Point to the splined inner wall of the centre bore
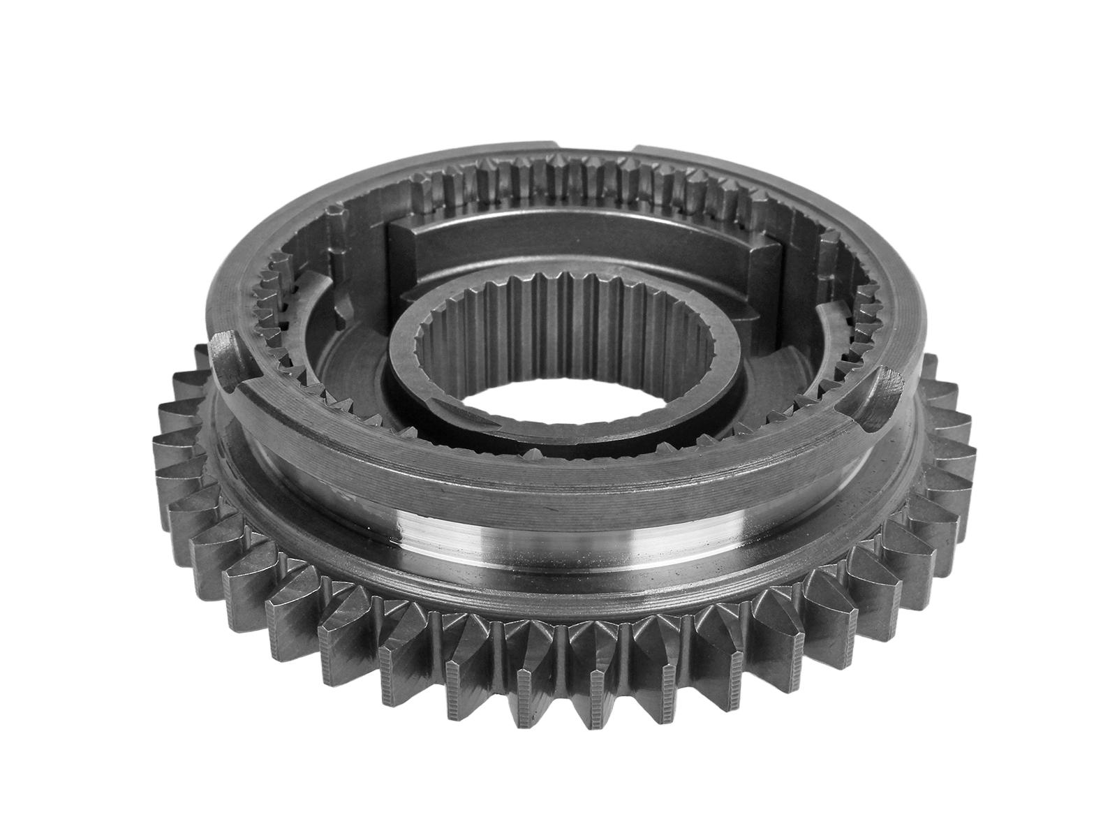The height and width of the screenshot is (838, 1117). (x=558, y=307)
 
